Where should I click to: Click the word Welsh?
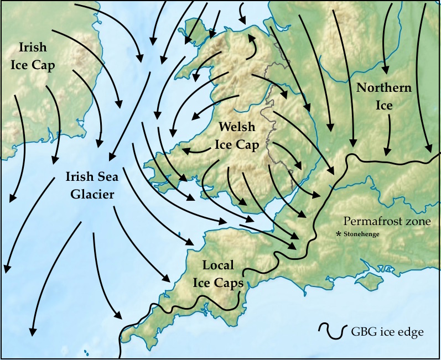click(x=237, y=127)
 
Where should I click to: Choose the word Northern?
click(x=384, y=88)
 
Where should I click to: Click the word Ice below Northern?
click(x=384, y=105)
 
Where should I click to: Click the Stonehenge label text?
click(x=362, y=234)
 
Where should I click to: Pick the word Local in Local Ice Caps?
click(x=218, y=265)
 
